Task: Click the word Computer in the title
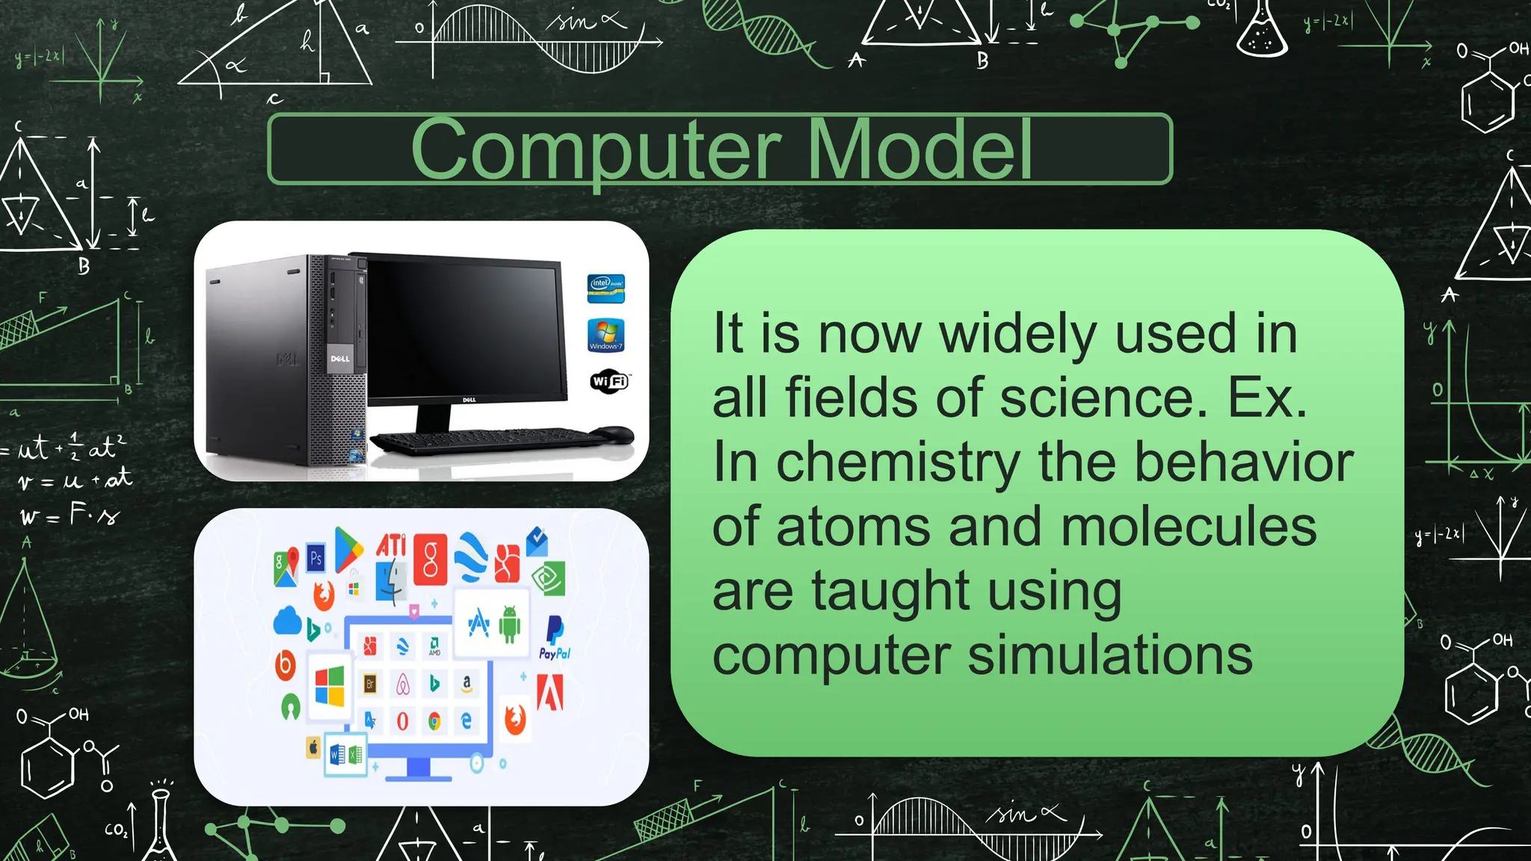[x=596, y=149]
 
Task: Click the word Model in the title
[x=921, y=149]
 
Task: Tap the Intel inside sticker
[x=606, y=288]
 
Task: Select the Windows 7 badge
[x=606, y=335]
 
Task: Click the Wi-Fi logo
[x=609, y=381]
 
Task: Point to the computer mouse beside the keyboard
[x=614, y=435]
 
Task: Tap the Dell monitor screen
[x=463, y=329]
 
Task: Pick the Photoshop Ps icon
[x=316, y=558]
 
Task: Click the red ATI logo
[x=391, y=545]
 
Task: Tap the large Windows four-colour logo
[x=330, y=686]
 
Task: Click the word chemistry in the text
[x=897, y=463]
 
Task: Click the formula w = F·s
[x=70, y=515]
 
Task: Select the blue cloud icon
[x=287, y=620]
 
